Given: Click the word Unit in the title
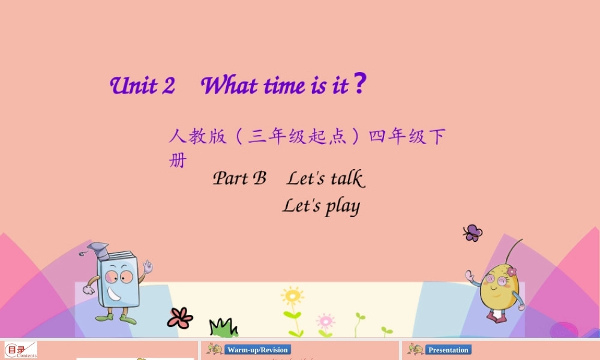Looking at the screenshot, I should pyautogui.click(x=134, y=86).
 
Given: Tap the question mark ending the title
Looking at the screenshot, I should pyautogui.click(x=359, y=85).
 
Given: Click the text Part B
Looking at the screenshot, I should pyautogui.click(x=239, y=178).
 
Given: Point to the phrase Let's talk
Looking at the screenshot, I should pyautogui.click(x=325, y=178).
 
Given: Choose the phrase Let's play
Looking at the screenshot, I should pyautogui.click(x=321, y=206).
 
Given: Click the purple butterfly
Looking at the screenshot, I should pyautogui.click(x=473, y=232).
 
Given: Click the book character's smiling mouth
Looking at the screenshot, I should pyautogui.click(x=114, y=295).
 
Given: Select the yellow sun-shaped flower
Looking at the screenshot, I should pyautogui.click(x=292, y=296).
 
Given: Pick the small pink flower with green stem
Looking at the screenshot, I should pyautogui.click(x=325, y=321).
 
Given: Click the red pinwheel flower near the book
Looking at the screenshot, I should pyautogui.click(x=179, y=318).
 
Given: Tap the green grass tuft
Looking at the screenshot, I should pyautogui.click(x=223, y=328).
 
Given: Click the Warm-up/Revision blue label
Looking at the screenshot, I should pyautogui.click(x=257, y=350).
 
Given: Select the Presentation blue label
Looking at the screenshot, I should pyautogui.click(x=448, y=350).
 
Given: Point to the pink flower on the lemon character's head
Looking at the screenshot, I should pyautogui.click(x=511, y=272).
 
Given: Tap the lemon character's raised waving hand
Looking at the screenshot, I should pyautogui.click(x=470, y=276).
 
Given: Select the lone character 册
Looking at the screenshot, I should pyautogui.click(x=178, y=161).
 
